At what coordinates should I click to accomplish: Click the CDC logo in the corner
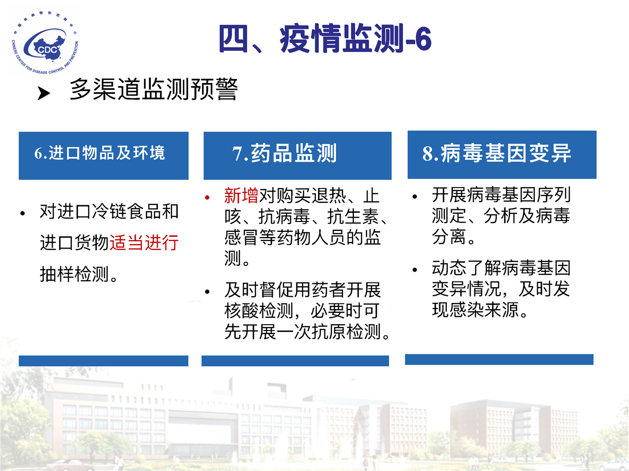click(45, 42)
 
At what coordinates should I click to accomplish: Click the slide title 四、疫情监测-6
click(325, 39)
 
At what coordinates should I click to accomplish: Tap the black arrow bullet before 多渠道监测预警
click(44, 93)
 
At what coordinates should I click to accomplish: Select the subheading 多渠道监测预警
click(154, 89)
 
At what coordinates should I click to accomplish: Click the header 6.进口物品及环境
click(99, 153)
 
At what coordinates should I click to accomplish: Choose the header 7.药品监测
click(284, 153)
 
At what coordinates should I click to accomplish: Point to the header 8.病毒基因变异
click(497, 153)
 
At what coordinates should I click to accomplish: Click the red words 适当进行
click(144, 243)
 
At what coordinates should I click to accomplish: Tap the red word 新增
click(241, 195)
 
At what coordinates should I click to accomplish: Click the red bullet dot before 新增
click(207, 197)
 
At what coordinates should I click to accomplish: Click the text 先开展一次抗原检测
click(303, 332)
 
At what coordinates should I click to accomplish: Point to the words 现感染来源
click(476, 309)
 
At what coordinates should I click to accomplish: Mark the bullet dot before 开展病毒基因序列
click(415, 197)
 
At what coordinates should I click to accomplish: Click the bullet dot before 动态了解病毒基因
click(415, 270)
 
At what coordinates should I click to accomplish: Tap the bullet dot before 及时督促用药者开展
click(207, 292)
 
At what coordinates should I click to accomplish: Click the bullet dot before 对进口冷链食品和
click(23, 213)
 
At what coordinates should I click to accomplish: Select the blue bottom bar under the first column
click(104, 361)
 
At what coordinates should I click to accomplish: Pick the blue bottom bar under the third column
click(499, 360)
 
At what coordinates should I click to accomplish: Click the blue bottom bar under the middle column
click(295, 361)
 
